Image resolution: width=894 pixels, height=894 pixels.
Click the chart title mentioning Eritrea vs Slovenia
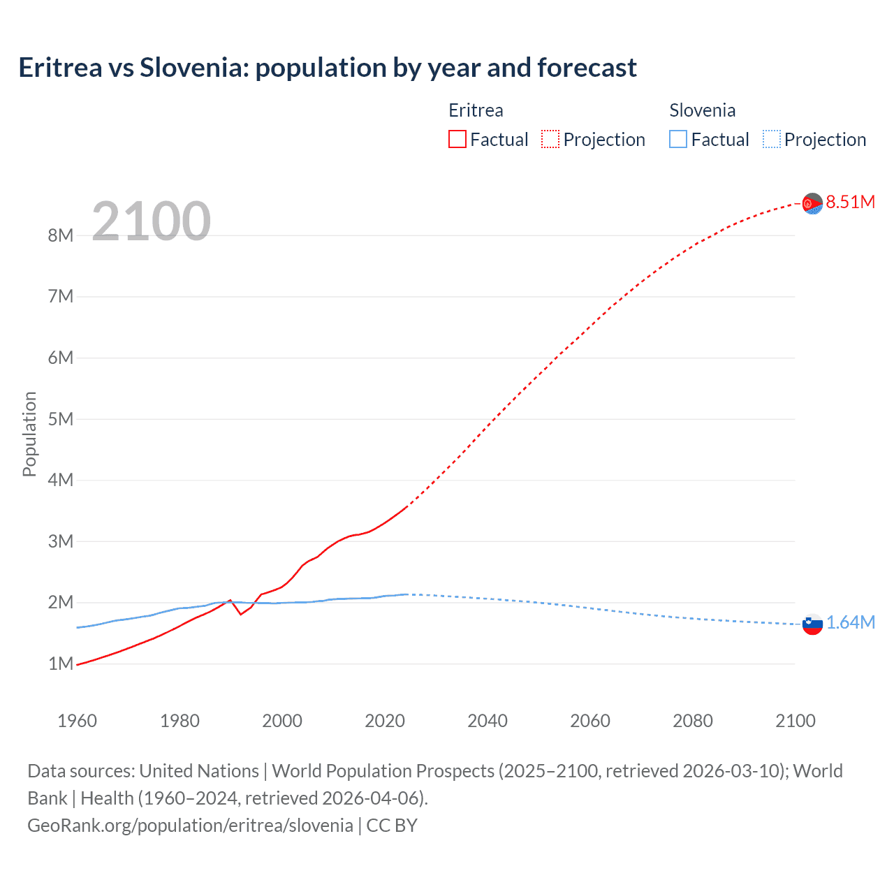[327, 68]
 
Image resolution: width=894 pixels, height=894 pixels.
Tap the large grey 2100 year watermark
[151, 221]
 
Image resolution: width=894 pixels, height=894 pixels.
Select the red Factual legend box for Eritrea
[457, 139]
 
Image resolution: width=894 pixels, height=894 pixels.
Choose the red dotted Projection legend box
[550, 139]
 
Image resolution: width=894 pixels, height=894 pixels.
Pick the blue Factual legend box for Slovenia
[677, 139]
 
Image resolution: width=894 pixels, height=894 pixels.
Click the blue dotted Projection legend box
[771, 139]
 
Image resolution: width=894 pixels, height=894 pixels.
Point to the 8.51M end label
[850, 202]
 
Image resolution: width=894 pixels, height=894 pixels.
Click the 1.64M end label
[850, 622]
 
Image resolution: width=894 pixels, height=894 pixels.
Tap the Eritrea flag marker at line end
[812, 203]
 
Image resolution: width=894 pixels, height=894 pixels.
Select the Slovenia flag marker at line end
[812, 624]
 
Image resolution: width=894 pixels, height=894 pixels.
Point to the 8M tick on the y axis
[61, 235]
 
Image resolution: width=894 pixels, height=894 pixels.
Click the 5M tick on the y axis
[61, 419]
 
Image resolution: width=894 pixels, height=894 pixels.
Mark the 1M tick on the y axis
[61, 664]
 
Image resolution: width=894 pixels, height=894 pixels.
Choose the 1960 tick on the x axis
[77, 721]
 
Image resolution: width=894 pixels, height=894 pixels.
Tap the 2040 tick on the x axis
[488, 721]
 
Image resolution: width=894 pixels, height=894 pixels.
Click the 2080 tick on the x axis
[693, 721]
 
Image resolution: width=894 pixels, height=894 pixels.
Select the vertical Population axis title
[29, 434]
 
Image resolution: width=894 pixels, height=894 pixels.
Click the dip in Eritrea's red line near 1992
[241, 614]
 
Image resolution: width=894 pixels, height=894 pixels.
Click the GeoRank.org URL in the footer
[190, 825]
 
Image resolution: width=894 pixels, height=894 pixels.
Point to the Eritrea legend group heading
[476, 110]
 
